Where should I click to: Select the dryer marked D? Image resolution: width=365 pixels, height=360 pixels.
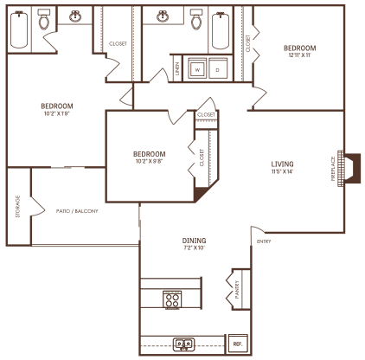pos(217,69)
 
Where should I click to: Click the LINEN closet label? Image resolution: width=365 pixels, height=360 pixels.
pos(178,70)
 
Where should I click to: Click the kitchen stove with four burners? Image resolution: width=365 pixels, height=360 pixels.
pos(172,299)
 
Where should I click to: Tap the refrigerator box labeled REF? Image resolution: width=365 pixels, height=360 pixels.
pos(236,344)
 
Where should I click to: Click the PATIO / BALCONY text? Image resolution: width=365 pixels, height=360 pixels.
pos(77,211)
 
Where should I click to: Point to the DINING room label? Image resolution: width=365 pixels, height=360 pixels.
pos(193,240)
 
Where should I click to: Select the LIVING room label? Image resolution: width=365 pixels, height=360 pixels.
pos(282,164)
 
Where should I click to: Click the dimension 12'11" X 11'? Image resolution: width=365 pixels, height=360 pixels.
pos(299,55)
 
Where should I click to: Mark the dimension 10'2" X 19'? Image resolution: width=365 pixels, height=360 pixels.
pos(57,112)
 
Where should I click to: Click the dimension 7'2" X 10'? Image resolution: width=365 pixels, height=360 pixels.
pos(193,247)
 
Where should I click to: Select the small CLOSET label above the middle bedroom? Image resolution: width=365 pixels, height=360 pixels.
pos(206,114)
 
